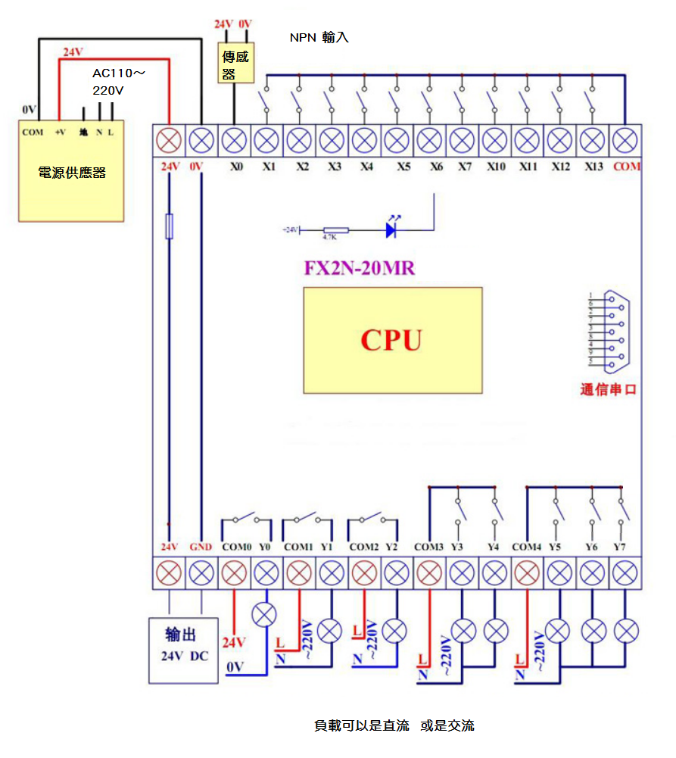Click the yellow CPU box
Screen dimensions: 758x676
tap(392, 340)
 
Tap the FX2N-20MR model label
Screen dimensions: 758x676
tap(359, 269)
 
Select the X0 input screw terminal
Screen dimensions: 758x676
tap(234, 140)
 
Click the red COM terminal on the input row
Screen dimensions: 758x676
tap(625, 140)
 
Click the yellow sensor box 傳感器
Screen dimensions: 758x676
tap(235, 64)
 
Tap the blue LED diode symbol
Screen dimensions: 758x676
tap(391, 229)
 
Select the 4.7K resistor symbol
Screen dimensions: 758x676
tap(335, 229)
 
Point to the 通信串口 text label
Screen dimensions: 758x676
tap(608, 390)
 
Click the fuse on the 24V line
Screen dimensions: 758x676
tap(169, 226)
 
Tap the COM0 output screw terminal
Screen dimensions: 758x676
tap(234, 572)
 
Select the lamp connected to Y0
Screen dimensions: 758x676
tap(264, 614)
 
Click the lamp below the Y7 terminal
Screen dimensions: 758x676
tap(625, 630)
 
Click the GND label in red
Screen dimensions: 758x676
tap(201, 547)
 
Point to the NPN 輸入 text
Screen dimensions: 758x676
tap(319, 37)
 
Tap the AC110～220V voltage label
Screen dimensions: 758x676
tap(118, 82)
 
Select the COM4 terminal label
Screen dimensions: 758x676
tap(526, 547)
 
